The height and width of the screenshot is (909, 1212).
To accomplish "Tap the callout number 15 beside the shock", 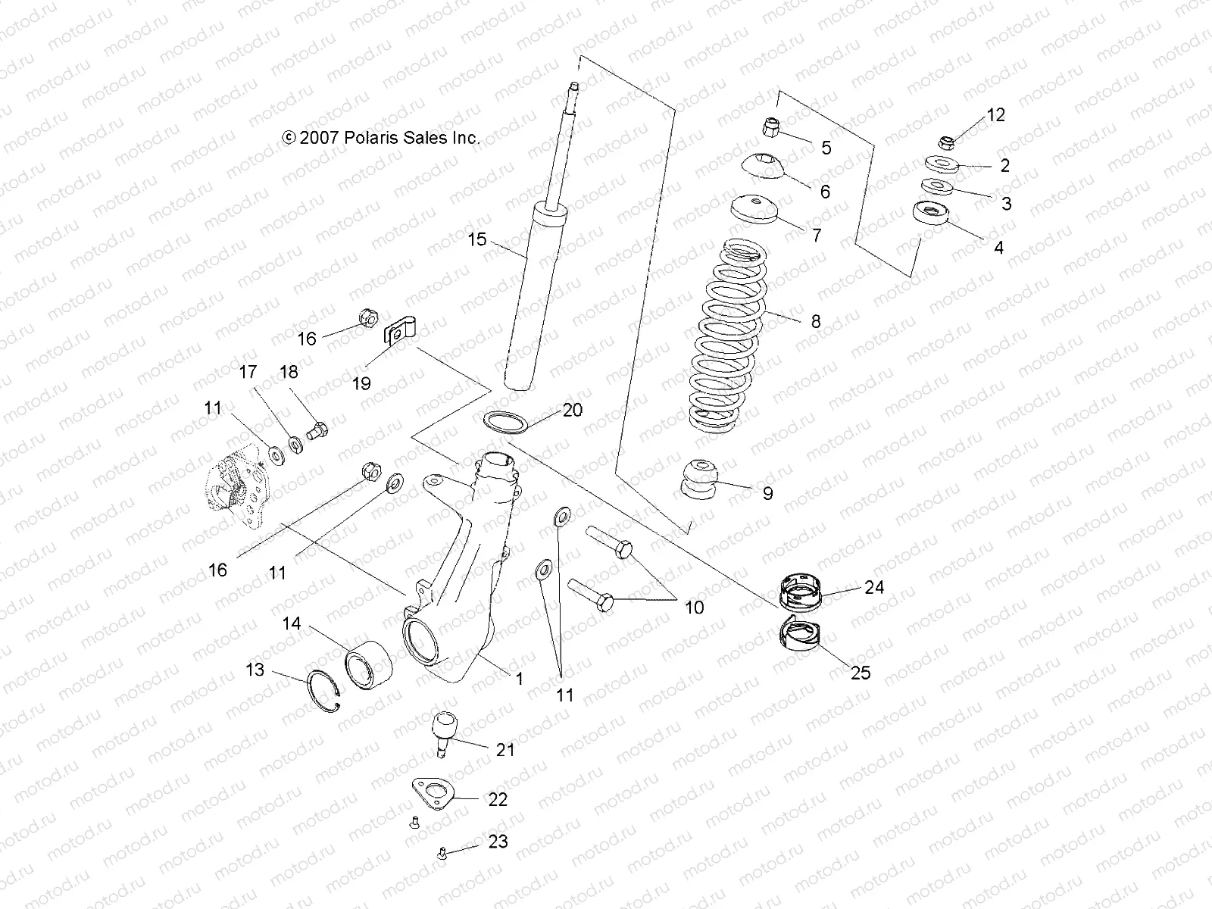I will pyautogui.click(x=476, y=240).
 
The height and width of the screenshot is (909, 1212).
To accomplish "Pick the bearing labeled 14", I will pyautogui.click(x=368, y=660).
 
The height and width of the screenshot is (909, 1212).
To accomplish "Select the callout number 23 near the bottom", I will pyautogui.click(x=498, y=842).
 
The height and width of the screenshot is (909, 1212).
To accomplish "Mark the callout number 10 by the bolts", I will pyautogui.click(x=693, y=607).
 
